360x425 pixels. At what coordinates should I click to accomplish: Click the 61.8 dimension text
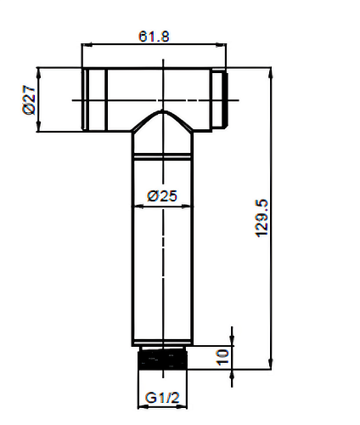(154, 37)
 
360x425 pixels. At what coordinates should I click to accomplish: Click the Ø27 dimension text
(29, 99)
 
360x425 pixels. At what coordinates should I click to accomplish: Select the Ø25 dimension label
(162, 196)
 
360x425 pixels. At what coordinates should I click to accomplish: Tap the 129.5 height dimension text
(262, 218)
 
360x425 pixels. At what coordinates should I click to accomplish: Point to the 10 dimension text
(222, 357)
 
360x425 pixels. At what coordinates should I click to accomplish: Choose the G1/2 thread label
(162, 398)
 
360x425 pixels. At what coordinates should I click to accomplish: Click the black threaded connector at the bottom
(162, 360)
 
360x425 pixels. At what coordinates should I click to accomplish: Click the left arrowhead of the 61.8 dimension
(87, 44)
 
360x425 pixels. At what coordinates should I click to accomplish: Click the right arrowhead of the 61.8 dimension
(221, 44)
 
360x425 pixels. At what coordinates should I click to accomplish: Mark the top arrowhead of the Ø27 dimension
(39, 73)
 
